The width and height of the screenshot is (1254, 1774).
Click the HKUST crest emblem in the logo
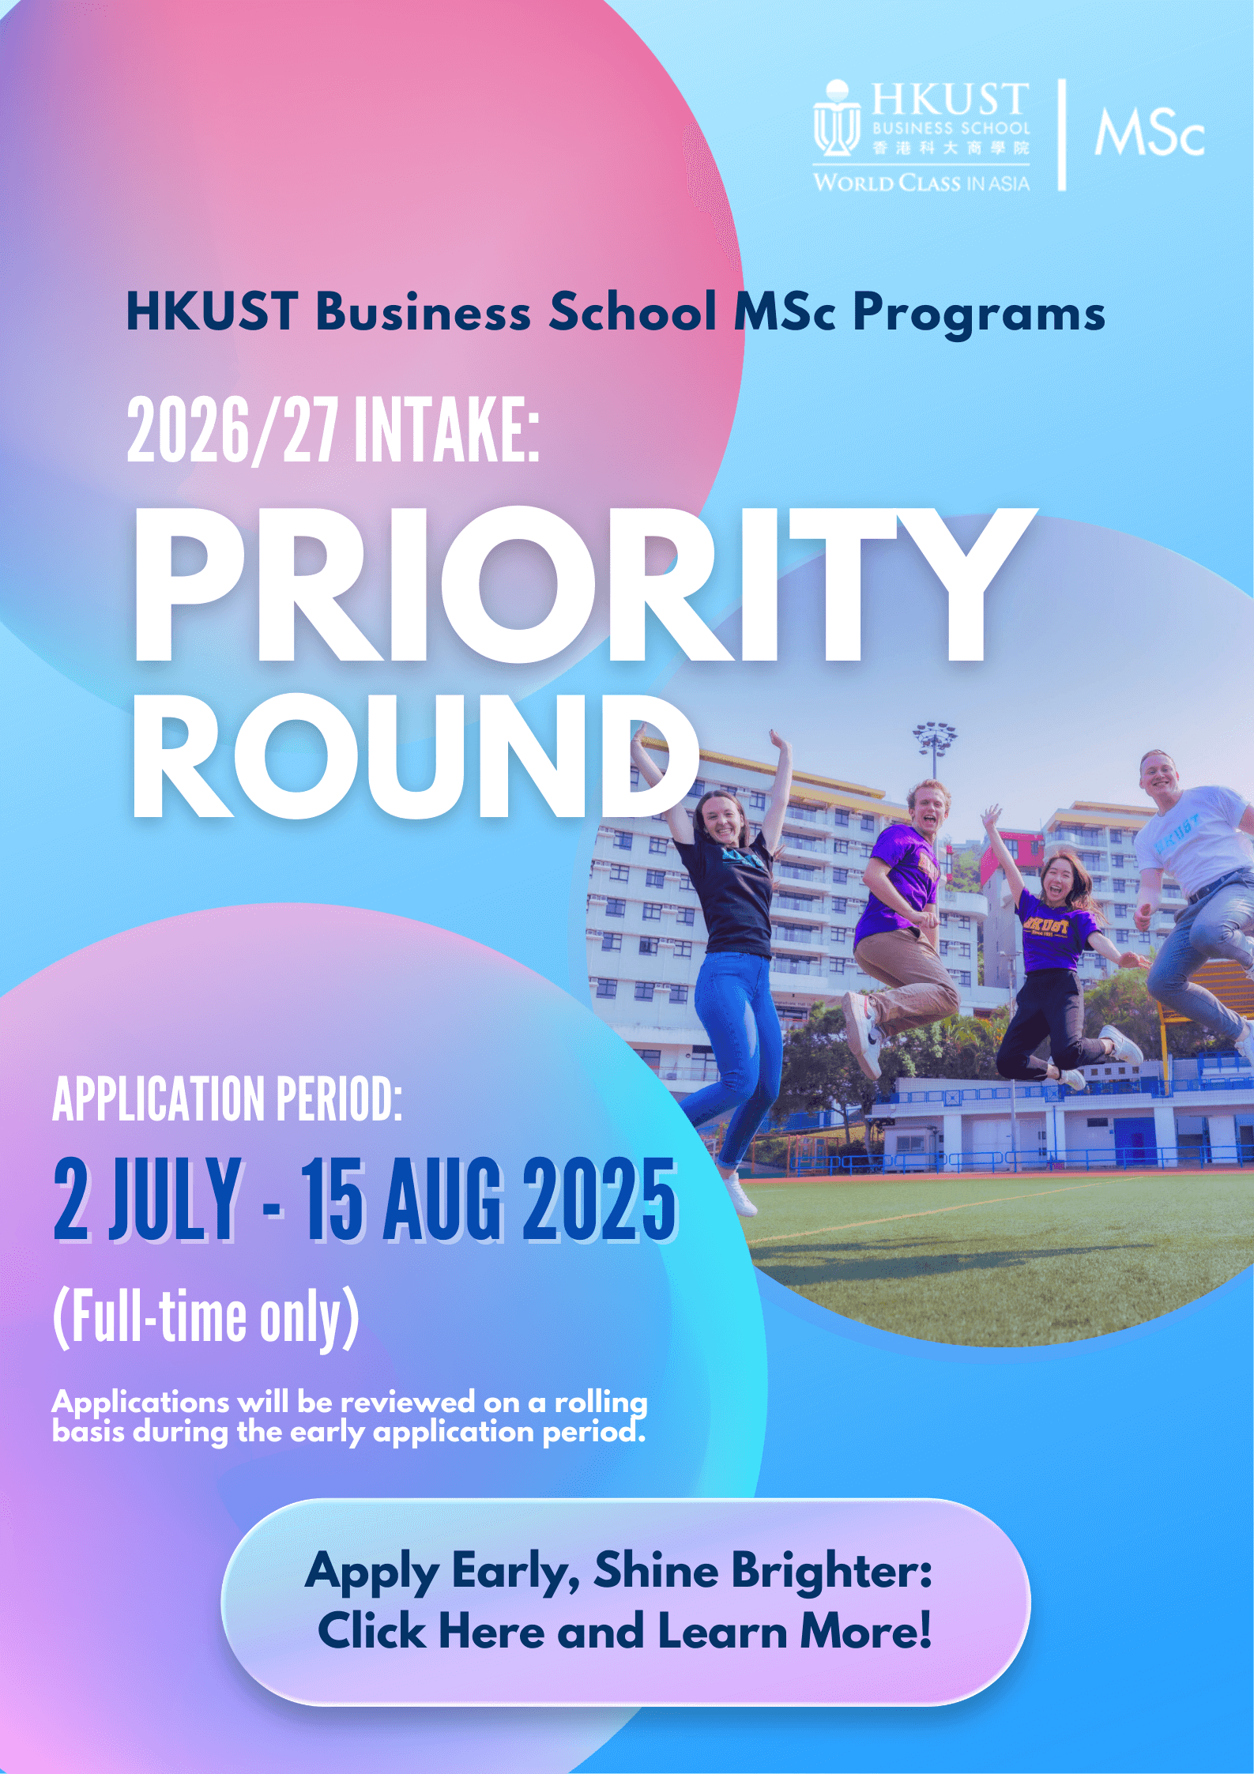click(x=837, y=119)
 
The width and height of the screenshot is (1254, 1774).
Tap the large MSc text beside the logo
click(x=1150, y=132)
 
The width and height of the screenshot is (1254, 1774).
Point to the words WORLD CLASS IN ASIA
click(x=921, y=183)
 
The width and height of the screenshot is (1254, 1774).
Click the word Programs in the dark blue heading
click(x=979, y=313)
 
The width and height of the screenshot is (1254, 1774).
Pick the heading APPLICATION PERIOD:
click(x=228, y=1098)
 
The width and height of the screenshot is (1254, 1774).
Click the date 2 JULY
click(x=148, y=1200)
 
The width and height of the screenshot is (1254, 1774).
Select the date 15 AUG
click(x=403, y=1200)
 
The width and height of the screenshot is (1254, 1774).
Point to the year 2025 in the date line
click(x=600, y=1200)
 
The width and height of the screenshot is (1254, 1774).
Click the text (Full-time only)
click(x=206, y=1317)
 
